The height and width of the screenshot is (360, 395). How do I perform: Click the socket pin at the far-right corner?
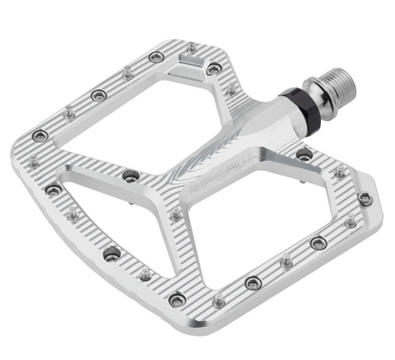[x=365, y=199]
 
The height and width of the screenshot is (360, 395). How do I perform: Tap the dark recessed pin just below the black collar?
[x=304, y=153]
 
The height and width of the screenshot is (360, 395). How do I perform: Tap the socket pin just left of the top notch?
[x=156, y=57]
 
